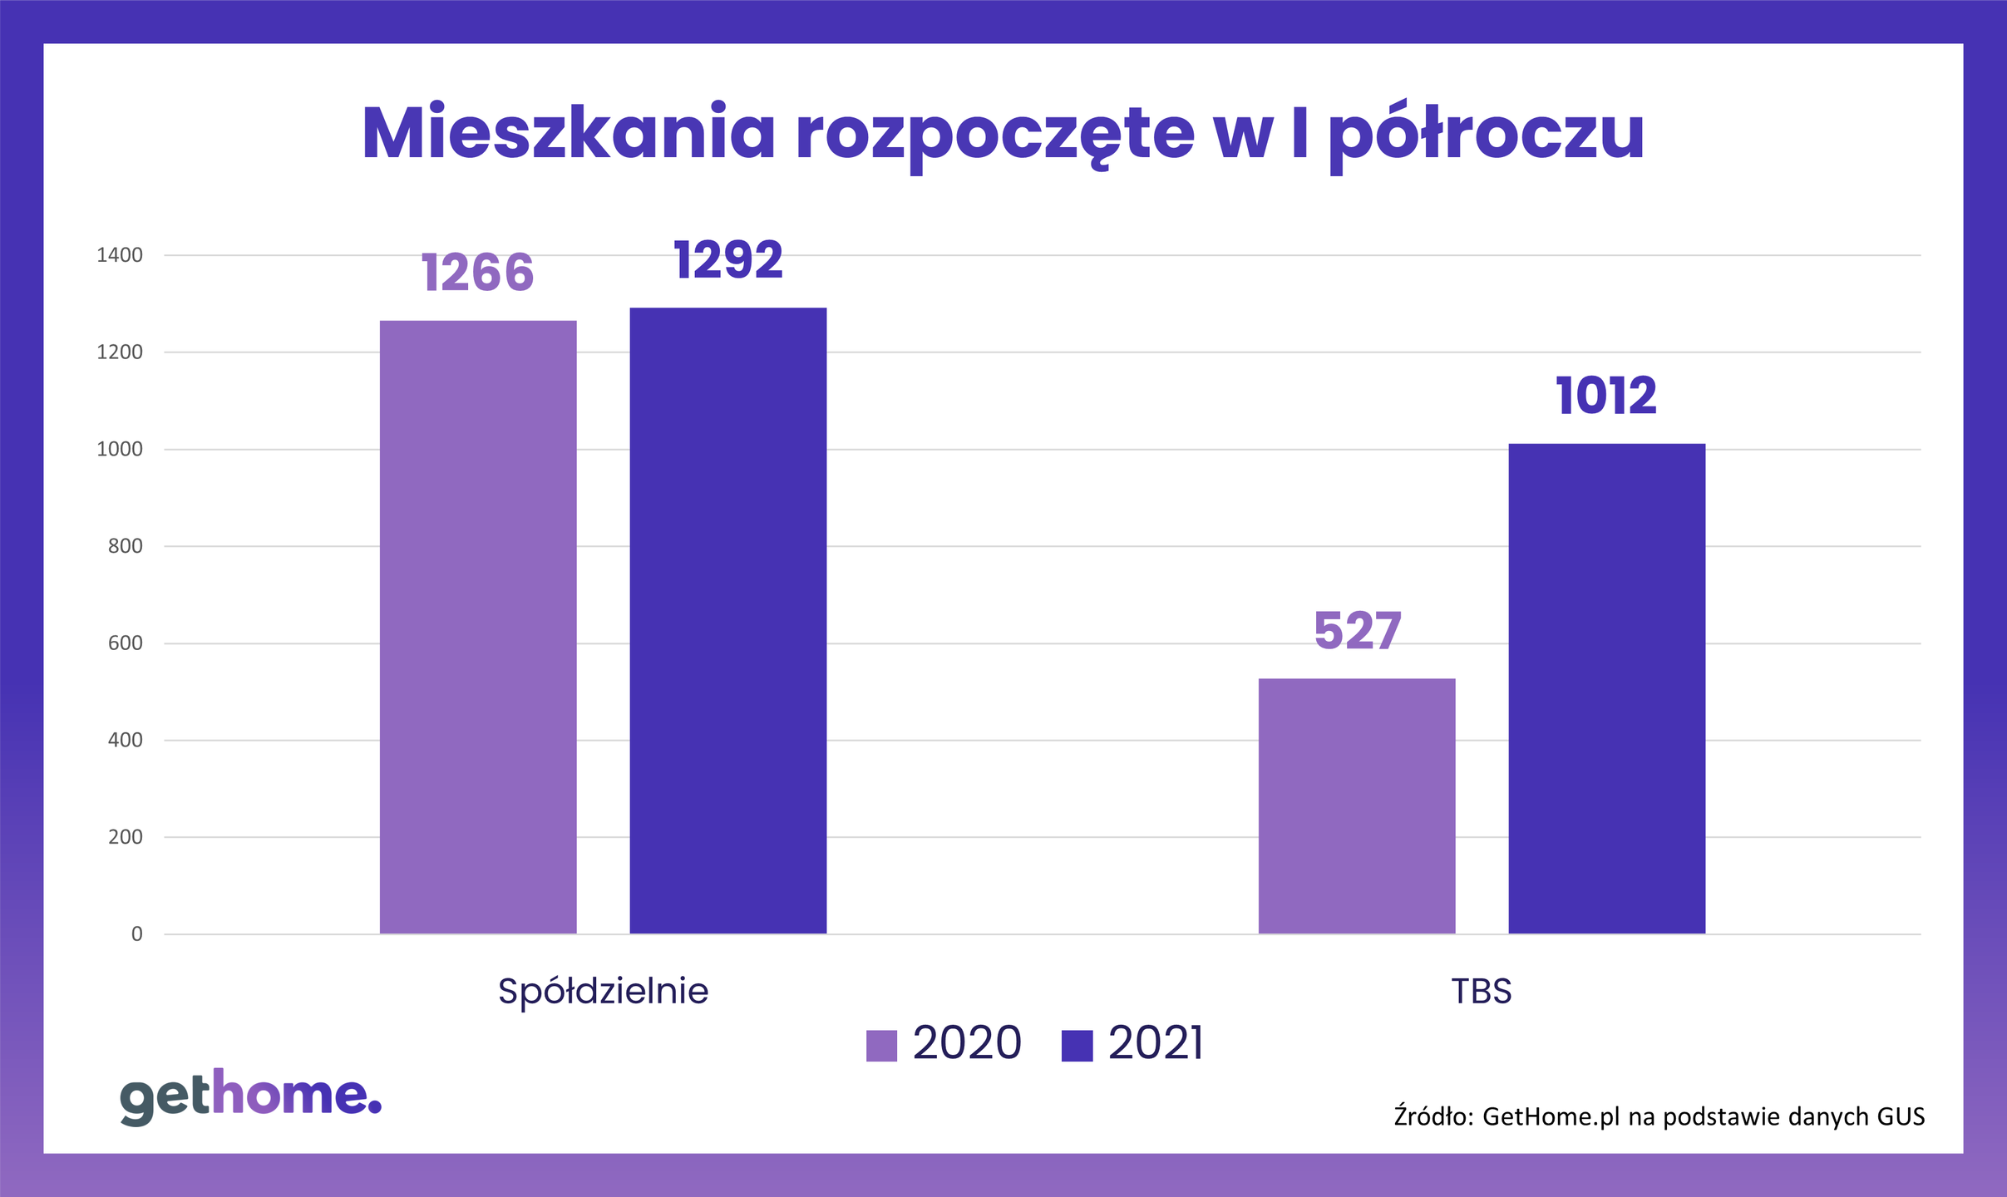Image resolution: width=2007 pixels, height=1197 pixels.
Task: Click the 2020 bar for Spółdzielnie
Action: pos(478,627)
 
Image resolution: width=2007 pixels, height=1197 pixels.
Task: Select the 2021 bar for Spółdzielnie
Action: pos(727,620)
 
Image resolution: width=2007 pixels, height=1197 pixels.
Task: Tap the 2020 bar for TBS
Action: pos(1357,805)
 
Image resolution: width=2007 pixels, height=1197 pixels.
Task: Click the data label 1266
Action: pos(477,273)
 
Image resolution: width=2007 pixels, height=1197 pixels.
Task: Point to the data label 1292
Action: pos(728,259)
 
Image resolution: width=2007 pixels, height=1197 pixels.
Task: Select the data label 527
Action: pos(1358,631)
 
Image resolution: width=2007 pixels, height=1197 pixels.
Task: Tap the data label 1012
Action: pos(1606,396)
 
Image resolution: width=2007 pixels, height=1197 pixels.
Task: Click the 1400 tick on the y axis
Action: pos(120,255)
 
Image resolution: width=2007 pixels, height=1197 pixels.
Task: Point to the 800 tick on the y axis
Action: pos(126,546)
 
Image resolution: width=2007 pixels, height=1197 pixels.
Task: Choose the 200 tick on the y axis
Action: pos(126,837)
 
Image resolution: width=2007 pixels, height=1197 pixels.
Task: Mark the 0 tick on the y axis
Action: pos(137,934)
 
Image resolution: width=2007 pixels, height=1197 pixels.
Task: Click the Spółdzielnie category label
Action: pos(603,991)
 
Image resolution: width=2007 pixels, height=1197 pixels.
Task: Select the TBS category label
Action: pos(1481,991)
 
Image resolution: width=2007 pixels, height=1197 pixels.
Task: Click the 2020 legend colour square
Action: pos(881,1046)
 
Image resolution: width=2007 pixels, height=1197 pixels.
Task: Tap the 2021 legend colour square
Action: pos(1077,1046)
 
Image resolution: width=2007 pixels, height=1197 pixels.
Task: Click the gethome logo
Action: pos(250,1096)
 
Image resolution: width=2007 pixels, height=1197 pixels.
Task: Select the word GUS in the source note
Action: pos(1901,1116)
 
